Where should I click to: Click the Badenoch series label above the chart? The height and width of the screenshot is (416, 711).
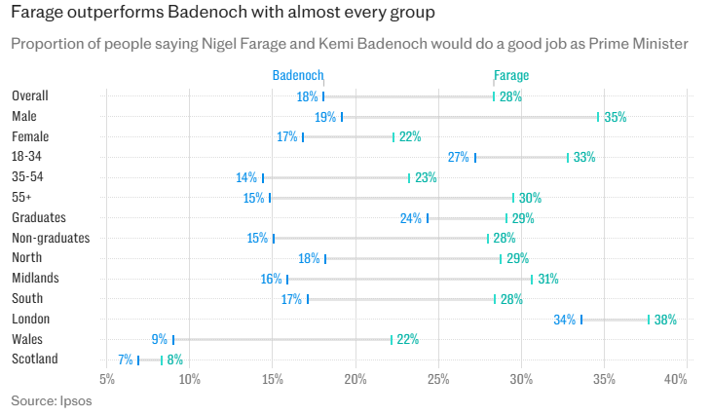coord(297,75)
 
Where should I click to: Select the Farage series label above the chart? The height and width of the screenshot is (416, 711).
coord(510,75)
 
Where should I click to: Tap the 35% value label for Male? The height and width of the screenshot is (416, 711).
coord(616,117)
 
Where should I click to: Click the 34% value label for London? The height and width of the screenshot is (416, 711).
coord(565,320)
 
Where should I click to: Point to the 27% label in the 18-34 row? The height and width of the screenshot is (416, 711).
coord(459,158)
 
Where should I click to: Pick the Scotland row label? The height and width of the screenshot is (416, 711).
coord(35,359)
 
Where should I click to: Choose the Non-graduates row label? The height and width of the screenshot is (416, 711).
coord(51,238)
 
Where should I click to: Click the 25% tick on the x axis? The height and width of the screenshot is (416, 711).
coord(439,378)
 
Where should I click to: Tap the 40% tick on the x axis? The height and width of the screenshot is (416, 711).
coord(675,378)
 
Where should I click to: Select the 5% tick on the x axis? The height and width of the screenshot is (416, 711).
coord(108,378)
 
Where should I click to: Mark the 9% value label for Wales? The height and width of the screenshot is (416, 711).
coord(160,340)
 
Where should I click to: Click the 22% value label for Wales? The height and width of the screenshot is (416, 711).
coord(408,340)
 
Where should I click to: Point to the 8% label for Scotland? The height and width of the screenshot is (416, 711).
coord(175,360)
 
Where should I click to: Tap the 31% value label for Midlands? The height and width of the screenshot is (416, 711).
coord(547,280)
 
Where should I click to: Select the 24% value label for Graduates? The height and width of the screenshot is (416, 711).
coord(411,218)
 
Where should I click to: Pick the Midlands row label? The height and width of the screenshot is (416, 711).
coord(36,279)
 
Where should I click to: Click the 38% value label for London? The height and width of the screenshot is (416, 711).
coord(666,320)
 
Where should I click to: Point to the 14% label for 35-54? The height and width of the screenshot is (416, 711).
coord(246,178)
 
